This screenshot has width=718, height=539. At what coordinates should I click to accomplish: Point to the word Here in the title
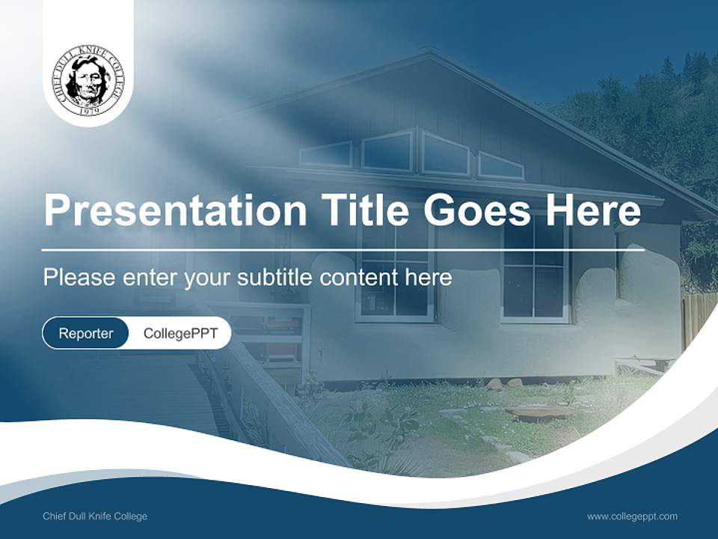click(592, 210)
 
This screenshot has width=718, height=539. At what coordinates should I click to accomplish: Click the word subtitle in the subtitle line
click(276, 278)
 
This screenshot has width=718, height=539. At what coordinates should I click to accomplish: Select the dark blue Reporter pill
click(85, 333)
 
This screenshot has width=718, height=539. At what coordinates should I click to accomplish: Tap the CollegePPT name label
click(180, 333)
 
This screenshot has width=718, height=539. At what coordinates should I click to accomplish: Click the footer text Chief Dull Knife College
click(95, 517)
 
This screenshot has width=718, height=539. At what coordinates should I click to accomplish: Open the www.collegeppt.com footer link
click(632, 517)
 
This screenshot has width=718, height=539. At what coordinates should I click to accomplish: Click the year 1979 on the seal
click(89, 110)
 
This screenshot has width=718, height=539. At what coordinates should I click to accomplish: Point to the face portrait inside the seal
click(88, 79)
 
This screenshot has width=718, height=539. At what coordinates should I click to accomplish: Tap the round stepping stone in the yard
click(540, 412)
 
